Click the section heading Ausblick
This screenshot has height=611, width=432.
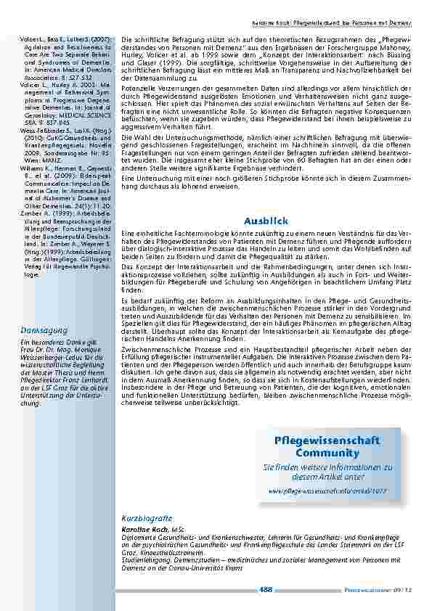click(x=266, y=221)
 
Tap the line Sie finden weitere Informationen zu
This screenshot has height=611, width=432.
click(x=327, y=468)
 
